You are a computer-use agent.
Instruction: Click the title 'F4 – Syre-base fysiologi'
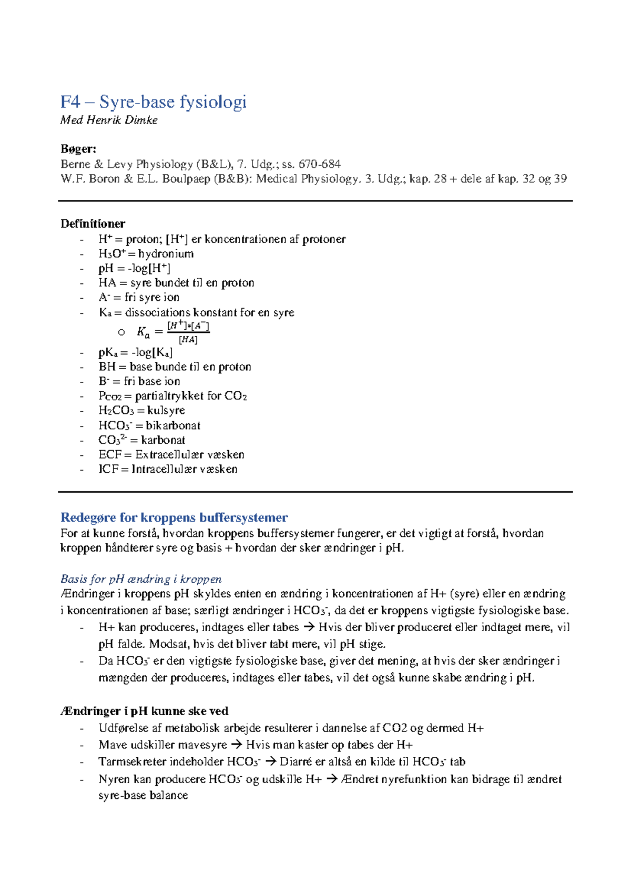[153, 102]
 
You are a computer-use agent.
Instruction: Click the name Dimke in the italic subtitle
[141, 120]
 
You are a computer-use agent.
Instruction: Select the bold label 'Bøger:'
[78, 149]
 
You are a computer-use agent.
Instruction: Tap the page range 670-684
[319, 164]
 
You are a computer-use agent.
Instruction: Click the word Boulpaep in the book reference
[186, 179]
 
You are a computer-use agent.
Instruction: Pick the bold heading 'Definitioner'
[93, 224]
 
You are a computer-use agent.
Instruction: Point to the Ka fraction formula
[174, 332]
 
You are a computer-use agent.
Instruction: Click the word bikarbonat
[173, 425]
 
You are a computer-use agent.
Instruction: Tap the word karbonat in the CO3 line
[163, 440]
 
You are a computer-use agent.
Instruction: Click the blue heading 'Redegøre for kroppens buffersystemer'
[174, 517]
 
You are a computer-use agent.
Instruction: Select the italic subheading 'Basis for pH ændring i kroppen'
[141, 579]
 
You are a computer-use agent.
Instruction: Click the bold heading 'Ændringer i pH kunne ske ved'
[144, 711]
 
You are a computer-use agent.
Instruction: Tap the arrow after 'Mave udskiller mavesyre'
[237, 745]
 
